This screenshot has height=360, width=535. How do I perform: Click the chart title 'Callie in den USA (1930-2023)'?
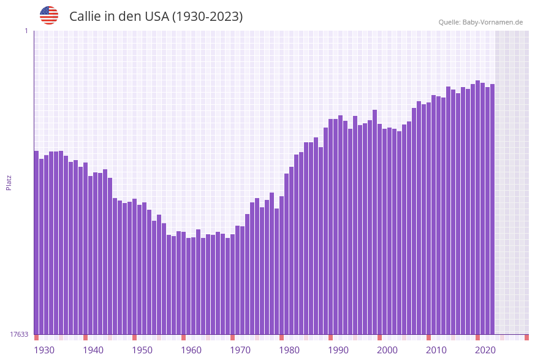(156, 17)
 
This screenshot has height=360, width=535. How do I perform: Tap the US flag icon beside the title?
(49, 15)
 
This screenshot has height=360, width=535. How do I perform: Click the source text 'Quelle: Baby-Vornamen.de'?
(480, 22)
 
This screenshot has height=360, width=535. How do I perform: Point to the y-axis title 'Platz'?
(9, 182)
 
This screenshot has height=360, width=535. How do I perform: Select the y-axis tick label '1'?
(26, 31)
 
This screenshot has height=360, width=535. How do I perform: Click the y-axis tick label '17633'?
(19, 334)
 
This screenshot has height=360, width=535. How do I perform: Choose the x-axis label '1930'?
(44, 350)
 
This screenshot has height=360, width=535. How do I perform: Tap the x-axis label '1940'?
(93, 350)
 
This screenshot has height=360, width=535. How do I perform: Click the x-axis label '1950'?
(142, 350)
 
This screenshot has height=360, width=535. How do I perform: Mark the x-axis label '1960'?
(191, 350)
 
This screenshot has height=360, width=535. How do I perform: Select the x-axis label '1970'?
(240, 350)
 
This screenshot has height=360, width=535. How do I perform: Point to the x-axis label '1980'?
(289, 350)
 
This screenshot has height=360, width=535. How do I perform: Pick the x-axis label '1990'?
(338, 350)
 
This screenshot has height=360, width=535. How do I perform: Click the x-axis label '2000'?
(387, 350)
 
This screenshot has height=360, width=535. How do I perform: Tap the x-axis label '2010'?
(436, 350)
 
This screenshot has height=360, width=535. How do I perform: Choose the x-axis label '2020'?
(485, 350)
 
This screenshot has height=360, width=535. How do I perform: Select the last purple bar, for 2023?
(492, 209)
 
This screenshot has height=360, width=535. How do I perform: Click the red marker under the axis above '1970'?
(233, 337)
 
